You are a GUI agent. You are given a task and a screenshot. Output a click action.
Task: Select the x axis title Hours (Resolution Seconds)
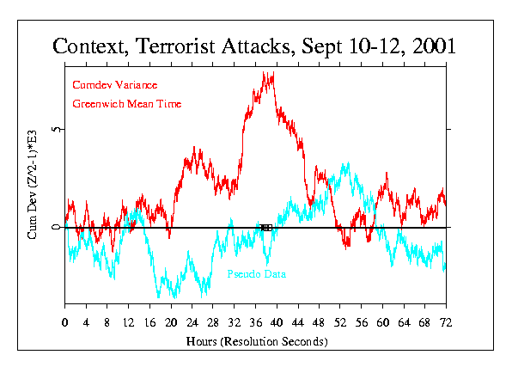click(x=256, y=341)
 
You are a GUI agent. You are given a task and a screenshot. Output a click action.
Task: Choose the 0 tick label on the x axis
click(x=65, y=322)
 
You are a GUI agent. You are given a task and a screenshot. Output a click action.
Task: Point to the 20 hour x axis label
click(x=171, y=322)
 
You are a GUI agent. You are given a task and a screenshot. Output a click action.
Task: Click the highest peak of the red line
click(x=272, y=75)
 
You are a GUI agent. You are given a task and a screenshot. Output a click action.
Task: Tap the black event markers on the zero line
click(x=266, y=228)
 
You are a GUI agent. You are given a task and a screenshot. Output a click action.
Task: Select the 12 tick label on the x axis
click(x=129, y=322)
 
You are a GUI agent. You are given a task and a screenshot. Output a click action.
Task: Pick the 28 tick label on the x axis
click(x=213, y=322)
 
